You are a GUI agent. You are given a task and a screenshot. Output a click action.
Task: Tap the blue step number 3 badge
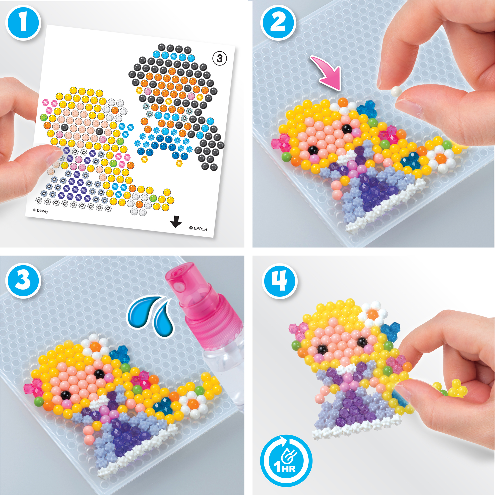tap(23, 280)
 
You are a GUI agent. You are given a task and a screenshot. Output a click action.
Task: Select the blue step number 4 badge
tap(279, 281)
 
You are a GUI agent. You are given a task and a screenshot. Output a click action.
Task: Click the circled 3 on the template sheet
tap(220, 58)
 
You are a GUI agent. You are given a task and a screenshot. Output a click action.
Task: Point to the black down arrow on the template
tap(176, 221)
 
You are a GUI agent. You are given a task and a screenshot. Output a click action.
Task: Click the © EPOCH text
tap(198, 228)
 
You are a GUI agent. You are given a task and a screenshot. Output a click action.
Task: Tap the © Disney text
tap(40, 211)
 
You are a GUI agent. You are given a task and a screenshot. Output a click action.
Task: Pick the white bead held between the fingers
tap(396, 91)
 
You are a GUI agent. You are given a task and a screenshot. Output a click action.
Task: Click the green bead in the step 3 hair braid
tap(199, 389)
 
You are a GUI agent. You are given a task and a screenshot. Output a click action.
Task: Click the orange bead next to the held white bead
tap(343, 102)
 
